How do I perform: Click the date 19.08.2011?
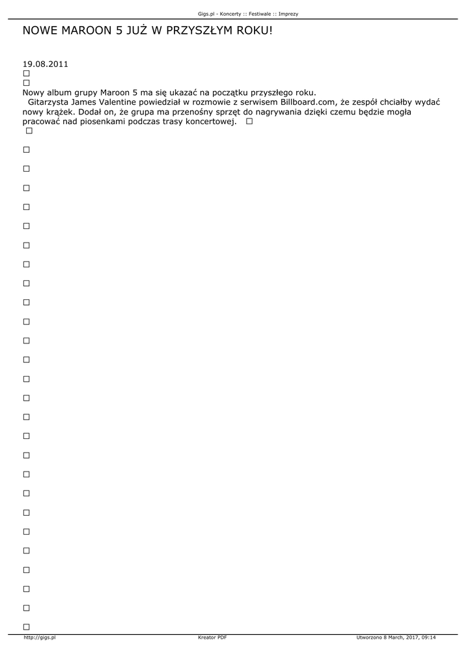click(46, 64)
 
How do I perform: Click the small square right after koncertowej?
click(249, 122)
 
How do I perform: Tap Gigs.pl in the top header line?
click(206, 14)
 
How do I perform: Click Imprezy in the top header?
click(288, 14)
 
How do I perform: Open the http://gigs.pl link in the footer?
click(39, 637)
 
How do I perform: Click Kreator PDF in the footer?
click(212, 637)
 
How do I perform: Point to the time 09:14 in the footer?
click(428, 637)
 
